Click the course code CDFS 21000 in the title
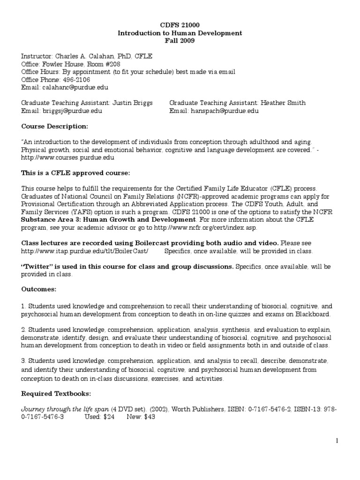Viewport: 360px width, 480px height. (x=180, y=25)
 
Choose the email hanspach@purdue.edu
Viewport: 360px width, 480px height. (x=224, y=111)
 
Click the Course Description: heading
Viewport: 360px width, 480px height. (x=54, y=126)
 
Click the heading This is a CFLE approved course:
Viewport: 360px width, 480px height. (x=75, y=172)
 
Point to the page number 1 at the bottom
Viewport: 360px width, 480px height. (x=337, y=441)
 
